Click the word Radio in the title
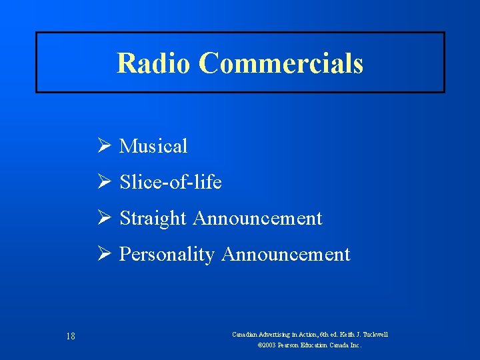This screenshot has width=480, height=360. pyautogui.click(x=154, y=63)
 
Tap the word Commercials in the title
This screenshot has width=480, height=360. pyautogui.click(x=281, y=63)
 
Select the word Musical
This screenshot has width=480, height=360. pyautogui.click(x=153, y=146)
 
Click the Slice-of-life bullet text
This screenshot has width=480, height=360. pyautogui.click(x=171, y=182)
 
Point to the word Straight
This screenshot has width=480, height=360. pyautogui.click(x=153, y=218)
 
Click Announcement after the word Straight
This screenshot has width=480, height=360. pyautogui.click(x=258, y=218)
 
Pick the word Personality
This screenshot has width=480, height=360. pyautogui.click(x=167, y=254)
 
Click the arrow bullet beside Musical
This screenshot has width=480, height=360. pyautogui.click(x=103, y=146)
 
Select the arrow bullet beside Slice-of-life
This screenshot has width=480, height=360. pyautogui.click(x=103, y=182)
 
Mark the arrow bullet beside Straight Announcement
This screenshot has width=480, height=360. pyautogui.click(x=103, y=218)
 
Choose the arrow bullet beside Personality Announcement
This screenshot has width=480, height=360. pyautogui.click(x=103, y=254)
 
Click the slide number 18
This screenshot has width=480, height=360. pyautogui.click(x=70, y=336)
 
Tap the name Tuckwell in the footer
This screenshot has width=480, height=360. pyautogui.click(x=374, y=334)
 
